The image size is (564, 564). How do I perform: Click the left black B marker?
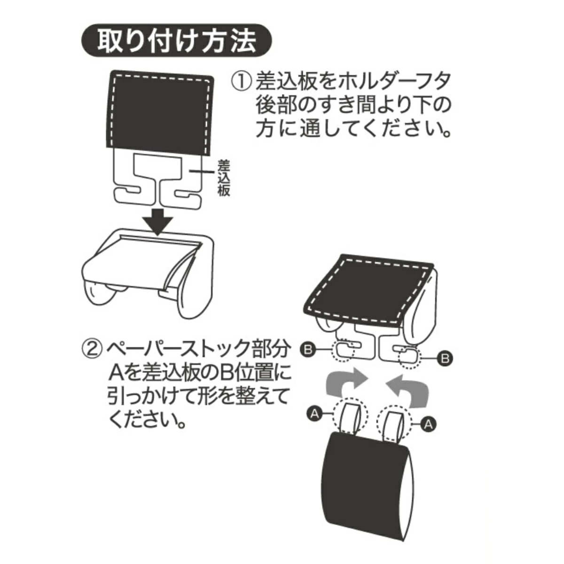308,350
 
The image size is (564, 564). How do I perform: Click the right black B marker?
444,358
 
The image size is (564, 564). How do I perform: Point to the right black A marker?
428,424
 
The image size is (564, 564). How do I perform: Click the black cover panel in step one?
161,113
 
